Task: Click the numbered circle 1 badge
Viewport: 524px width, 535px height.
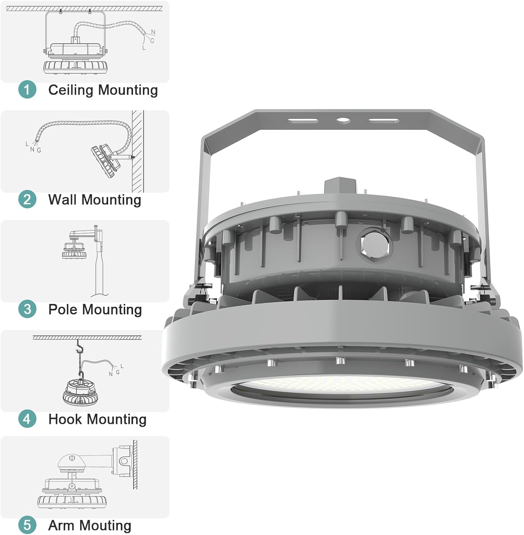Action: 27,89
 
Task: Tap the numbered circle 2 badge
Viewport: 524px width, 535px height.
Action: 27,199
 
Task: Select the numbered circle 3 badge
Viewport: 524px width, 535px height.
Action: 27,309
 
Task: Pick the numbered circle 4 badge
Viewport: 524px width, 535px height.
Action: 27,419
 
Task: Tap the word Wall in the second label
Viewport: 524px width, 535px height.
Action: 63,199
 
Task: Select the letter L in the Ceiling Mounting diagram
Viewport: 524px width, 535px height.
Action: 144,47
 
